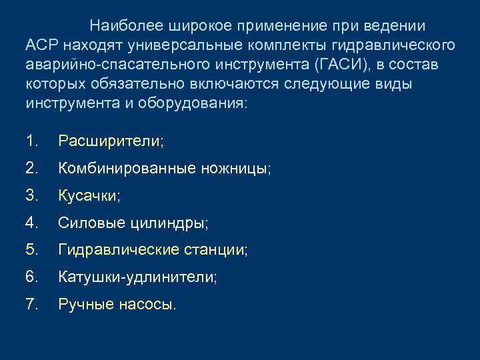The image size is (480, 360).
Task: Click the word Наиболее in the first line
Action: [122, 26]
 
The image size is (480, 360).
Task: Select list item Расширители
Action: [111, 141]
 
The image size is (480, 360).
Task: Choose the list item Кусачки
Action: [89, 196]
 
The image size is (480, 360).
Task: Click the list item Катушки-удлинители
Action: [137, 278]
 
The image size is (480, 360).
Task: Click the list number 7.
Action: [31, 305]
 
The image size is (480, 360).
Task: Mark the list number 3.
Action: [31, 196]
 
